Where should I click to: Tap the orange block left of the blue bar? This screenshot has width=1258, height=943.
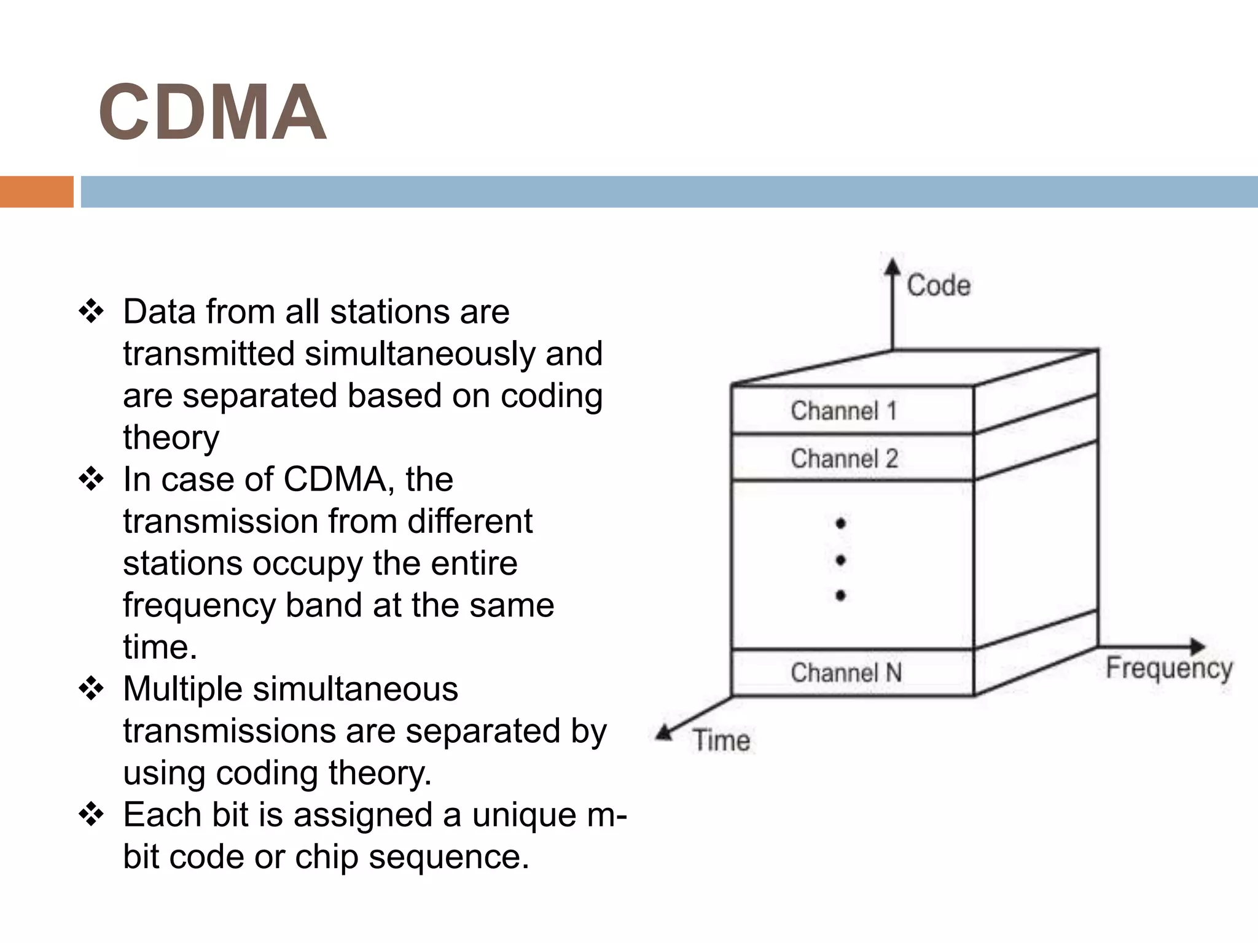[x=36, y=192]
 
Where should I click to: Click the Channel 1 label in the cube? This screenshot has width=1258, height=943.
[x=844, y=411]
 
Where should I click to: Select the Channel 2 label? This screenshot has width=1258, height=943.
[x=844, y=459]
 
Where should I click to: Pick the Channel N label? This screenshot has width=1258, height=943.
[x=846, y=673]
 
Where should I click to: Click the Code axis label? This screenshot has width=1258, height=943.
[x=939, y=286]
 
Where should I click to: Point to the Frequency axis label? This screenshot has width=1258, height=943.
[x=1169, y=669]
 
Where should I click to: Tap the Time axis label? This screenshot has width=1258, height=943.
[x=721, y=740]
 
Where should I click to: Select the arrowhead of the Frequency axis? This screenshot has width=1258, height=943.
[x=1197, y=646]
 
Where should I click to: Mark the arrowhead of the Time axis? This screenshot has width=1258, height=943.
[x=664, y=732]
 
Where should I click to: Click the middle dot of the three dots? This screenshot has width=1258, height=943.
[x=841, y=560]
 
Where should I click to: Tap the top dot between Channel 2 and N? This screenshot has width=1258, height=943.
[x=841, y=523]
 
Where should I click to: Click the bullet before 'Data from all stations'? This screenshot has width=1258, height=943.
[x=92, y=312]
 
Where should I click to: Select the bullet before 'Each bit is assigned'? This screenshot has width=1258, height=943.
[x=92, y=815]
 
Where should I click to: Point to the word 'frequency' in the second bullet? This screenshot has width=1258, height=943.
[x=199, y=606]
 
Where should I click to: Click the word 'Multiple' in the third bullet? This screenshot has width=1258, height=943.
[x=182, y=689]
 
